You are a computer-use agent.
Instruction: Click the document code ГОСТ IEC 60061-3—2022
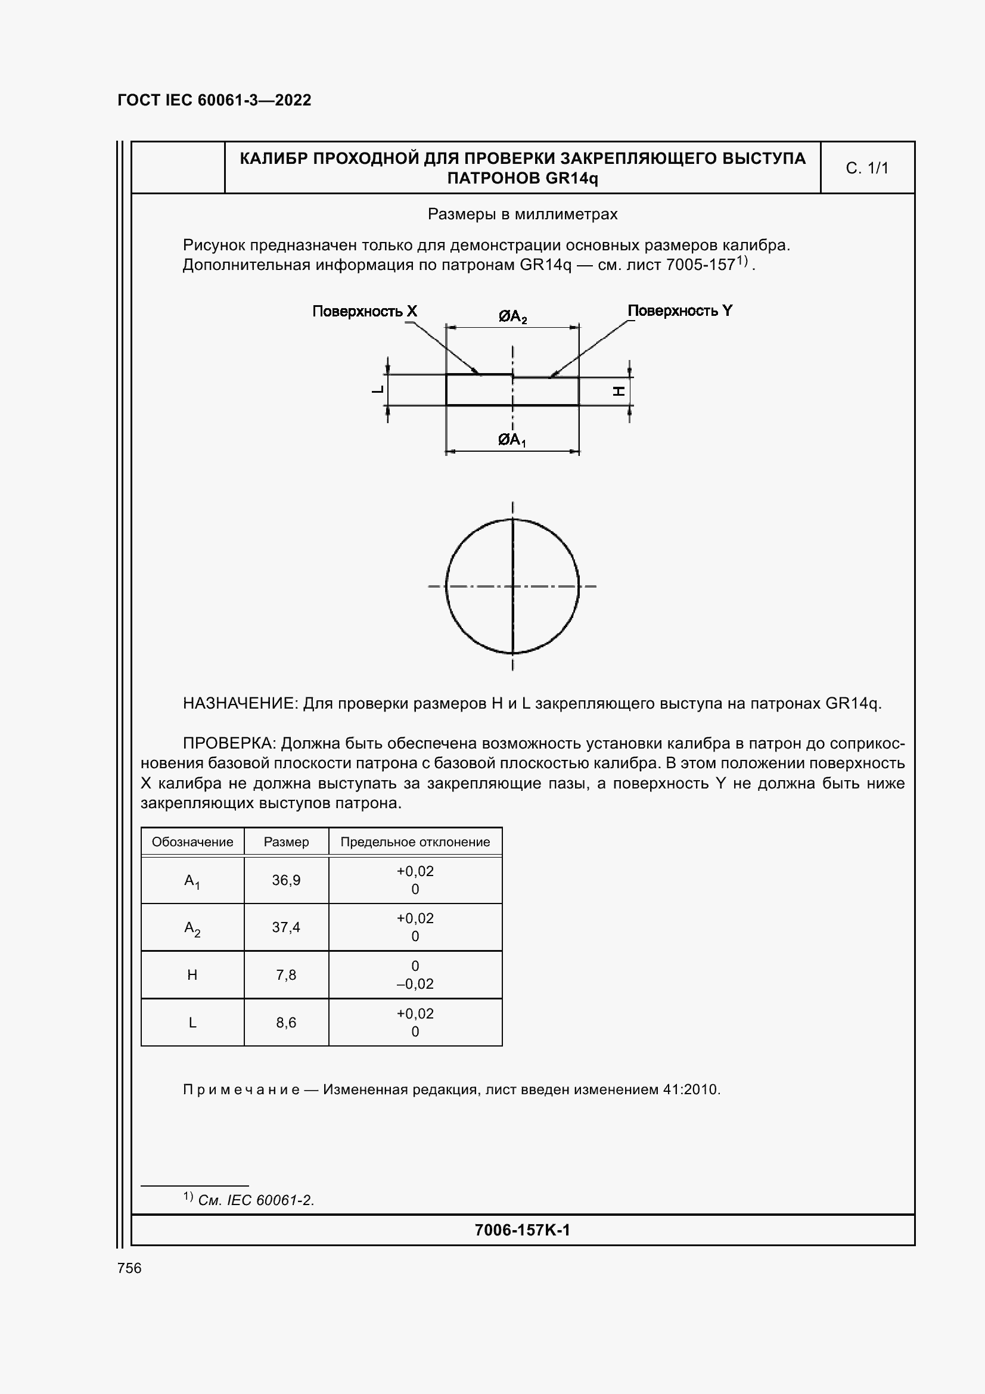point(215,100)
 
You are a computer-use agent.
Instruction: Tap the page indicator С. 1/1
point(866,168)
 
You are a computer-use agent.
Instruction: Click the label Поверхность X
point(364,312)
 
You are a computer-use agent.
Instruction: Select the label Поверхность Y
point(680,311)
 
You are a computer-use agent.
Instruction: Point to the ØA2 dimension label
point(512,316)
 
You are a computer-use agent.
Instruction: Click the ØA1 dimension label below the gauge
point(512,440)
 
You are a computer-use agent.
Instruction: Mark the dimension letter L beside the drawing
point(377,389)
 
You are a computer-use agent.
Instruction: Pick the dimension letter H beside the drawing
point(619,392)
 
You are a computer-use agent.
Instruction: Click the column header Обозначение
point(192,842)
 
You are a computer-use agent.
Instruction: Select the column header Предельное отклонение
point(415,842)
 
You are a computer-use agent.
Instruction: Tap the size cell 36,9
point(286,880)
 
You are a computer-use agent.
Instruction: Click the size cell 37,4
point(286,927)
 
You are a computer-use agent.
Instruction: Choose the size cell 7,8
point(286,975)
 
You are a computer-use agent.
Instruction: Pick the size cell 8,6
point(286,1023)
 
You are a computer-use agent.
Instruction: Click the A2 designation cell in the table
point(192,928)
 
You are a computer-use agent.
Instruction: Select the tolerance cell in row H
point(415,975)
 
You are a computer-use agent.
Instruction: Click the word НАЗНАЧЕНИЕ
point(240,704)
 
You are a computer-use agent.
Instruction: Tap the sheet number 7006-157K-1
point(522,1230)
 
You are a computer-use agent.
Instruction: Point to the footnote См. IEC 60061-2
point(256,1200)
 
